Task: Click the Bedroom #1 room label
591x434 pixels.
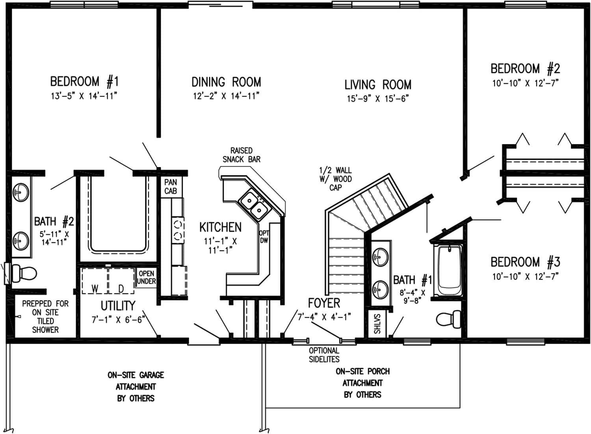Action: (x=84, y=82)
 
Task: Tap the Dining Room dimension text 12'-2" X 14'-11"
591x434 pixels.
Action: (x=226, y=96)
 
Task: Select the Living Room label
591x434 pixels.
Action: (x=377, y=85)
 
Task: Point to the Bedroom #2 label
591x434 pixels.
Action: (x=525, y=69)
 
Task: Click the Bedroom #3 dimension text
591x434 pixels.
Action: (x=525, y=276)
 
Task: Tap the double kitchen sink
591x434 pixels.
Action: (x=254, y=204)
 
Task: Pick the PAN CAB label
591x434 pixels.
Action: (x=171, y=186)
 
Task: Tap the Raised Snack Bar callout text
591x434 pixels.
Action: (x=241, y=155)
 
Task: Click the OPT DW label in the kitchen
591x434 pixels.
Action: (x=264, y=237)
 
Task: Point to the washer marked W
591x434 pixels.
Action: (x=95, y=281)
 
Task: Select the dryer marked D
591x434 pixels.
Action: (x=121, y=281)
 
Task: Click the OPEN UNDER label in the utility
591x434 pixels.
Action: (x=146, y=277)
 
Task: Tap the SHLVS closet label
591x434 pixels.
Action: (x=377, y=324)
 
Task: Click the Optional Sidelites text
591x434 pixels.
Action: (x=324, y=355)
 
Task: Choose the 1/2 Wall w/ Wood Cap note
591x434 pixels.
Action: (x=335, y=179)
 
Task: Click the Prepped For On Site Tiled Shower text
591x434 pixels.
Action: (x=45, y=317)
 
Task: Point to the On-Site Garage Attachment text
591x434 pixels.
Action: (x=136, y=386)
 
